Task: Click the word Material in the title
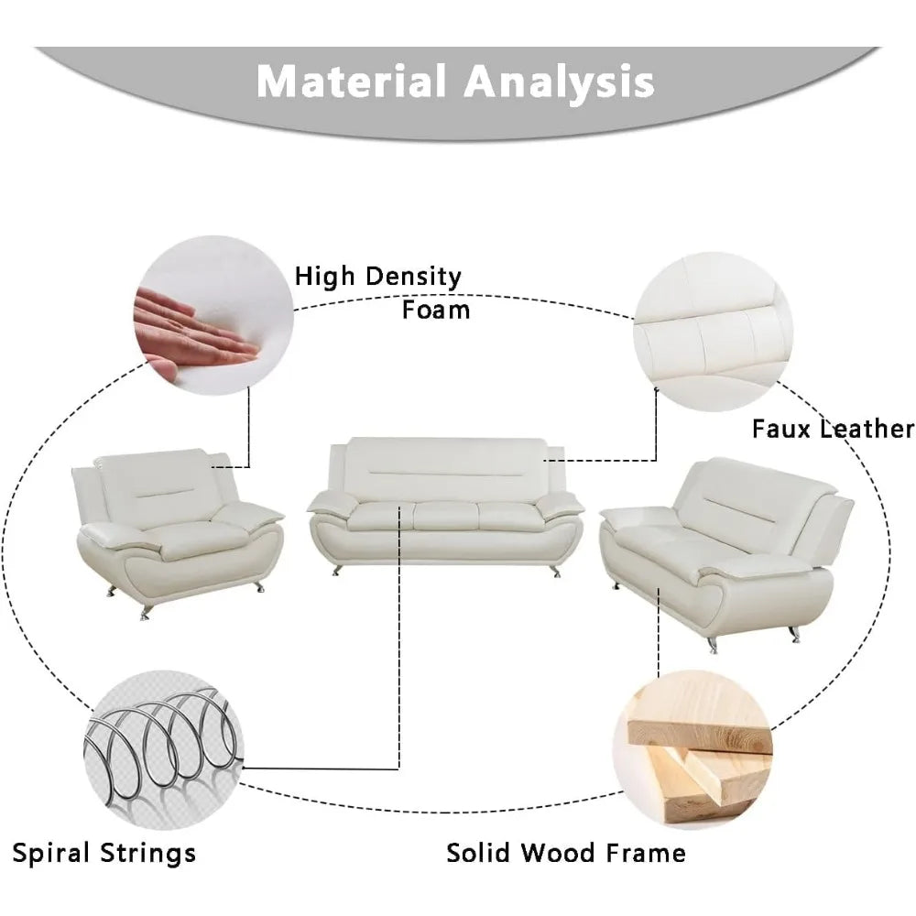coord(352,81)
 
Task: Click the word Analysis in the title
coord(559,82)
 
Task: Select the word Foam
coord(436,310)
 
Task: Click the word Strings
coord(147,854)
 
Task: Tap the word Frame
coord(646,853)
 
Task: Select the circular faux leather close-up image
coord(714,332)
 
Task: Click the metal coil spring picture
coord(164,750)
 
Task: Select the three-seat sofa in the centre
coord(445,506)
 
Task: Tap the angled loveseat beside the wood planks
coord(726,554)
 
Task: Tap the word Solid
coord(480,853)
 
